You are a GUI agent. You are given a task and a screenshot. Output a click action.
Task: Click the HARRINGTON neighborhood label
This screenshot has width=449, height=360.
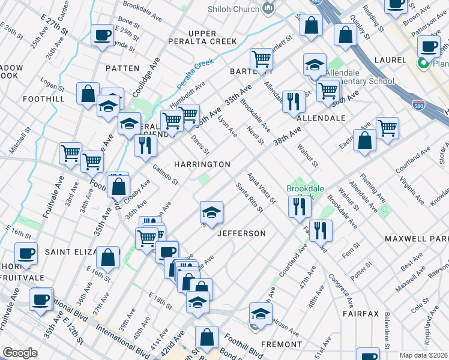202,164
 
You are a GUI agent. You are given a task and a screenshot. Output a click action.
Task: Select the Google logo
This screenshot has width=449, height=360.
20,353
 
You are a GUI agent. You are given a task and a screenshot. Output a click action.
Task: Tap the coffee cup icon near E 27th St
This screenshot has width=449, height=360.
102,35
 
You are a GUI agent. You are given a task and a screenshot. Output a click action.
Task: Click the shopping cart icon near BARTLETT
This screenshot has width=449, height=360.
261,59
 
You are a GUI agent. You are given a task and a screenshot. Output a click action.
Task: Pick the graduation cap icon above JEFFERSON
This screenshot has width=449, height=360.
211,212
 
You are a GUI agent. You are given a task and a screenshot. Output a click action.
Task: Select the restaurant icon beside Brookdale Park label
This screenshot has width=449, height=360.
299,206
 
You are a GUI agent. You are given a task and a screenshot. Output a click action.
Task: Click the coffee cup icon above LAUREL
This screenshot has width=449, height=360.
429,46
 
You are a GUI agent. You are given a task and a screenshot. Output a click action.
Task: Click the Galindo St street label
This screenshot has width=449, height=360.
166,175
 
